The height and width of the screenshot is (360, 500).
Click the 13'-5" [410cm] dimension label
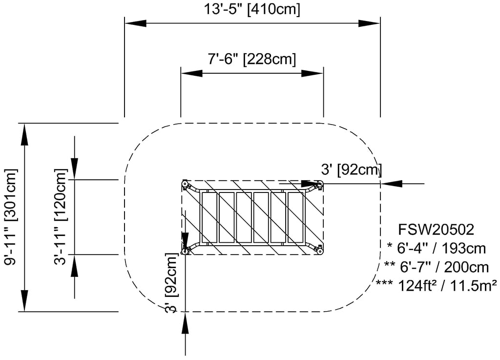click(x=251, y=9)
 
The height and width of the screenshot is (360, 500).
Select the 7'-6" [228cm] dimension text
click(x=251, y=59)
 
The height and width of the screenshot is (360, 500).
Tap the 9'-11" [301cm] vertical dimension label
click(x=11, y=217)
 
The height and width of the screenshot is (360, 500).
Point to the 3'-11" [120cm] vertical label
click(x=61, y=217)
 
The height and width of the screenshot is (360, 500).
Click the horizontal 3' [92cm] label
click(x=351, y=169)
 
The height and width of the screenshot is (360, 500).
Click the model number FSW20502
click(x=436, y=229)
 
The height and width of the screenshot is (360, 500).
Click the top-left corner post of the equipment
click(x=185, y=184)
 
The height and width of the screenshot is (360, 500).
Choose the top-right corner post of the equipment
click(x=320, y=184)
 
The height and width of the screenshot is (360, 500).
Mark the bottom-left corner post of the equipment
click(x=185, y=251)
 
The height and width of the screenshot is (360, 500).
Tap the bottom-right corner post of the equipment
click(x=320, y=251)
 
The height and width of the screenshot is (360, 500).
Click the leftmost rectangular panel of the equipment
click(x=208, y=217)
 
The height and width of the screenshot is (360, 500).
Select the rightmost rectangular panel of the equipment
click(x=295, y=217)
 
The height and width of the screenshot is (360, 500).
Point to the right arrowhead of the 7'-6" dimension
click(x=312, y=73)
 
